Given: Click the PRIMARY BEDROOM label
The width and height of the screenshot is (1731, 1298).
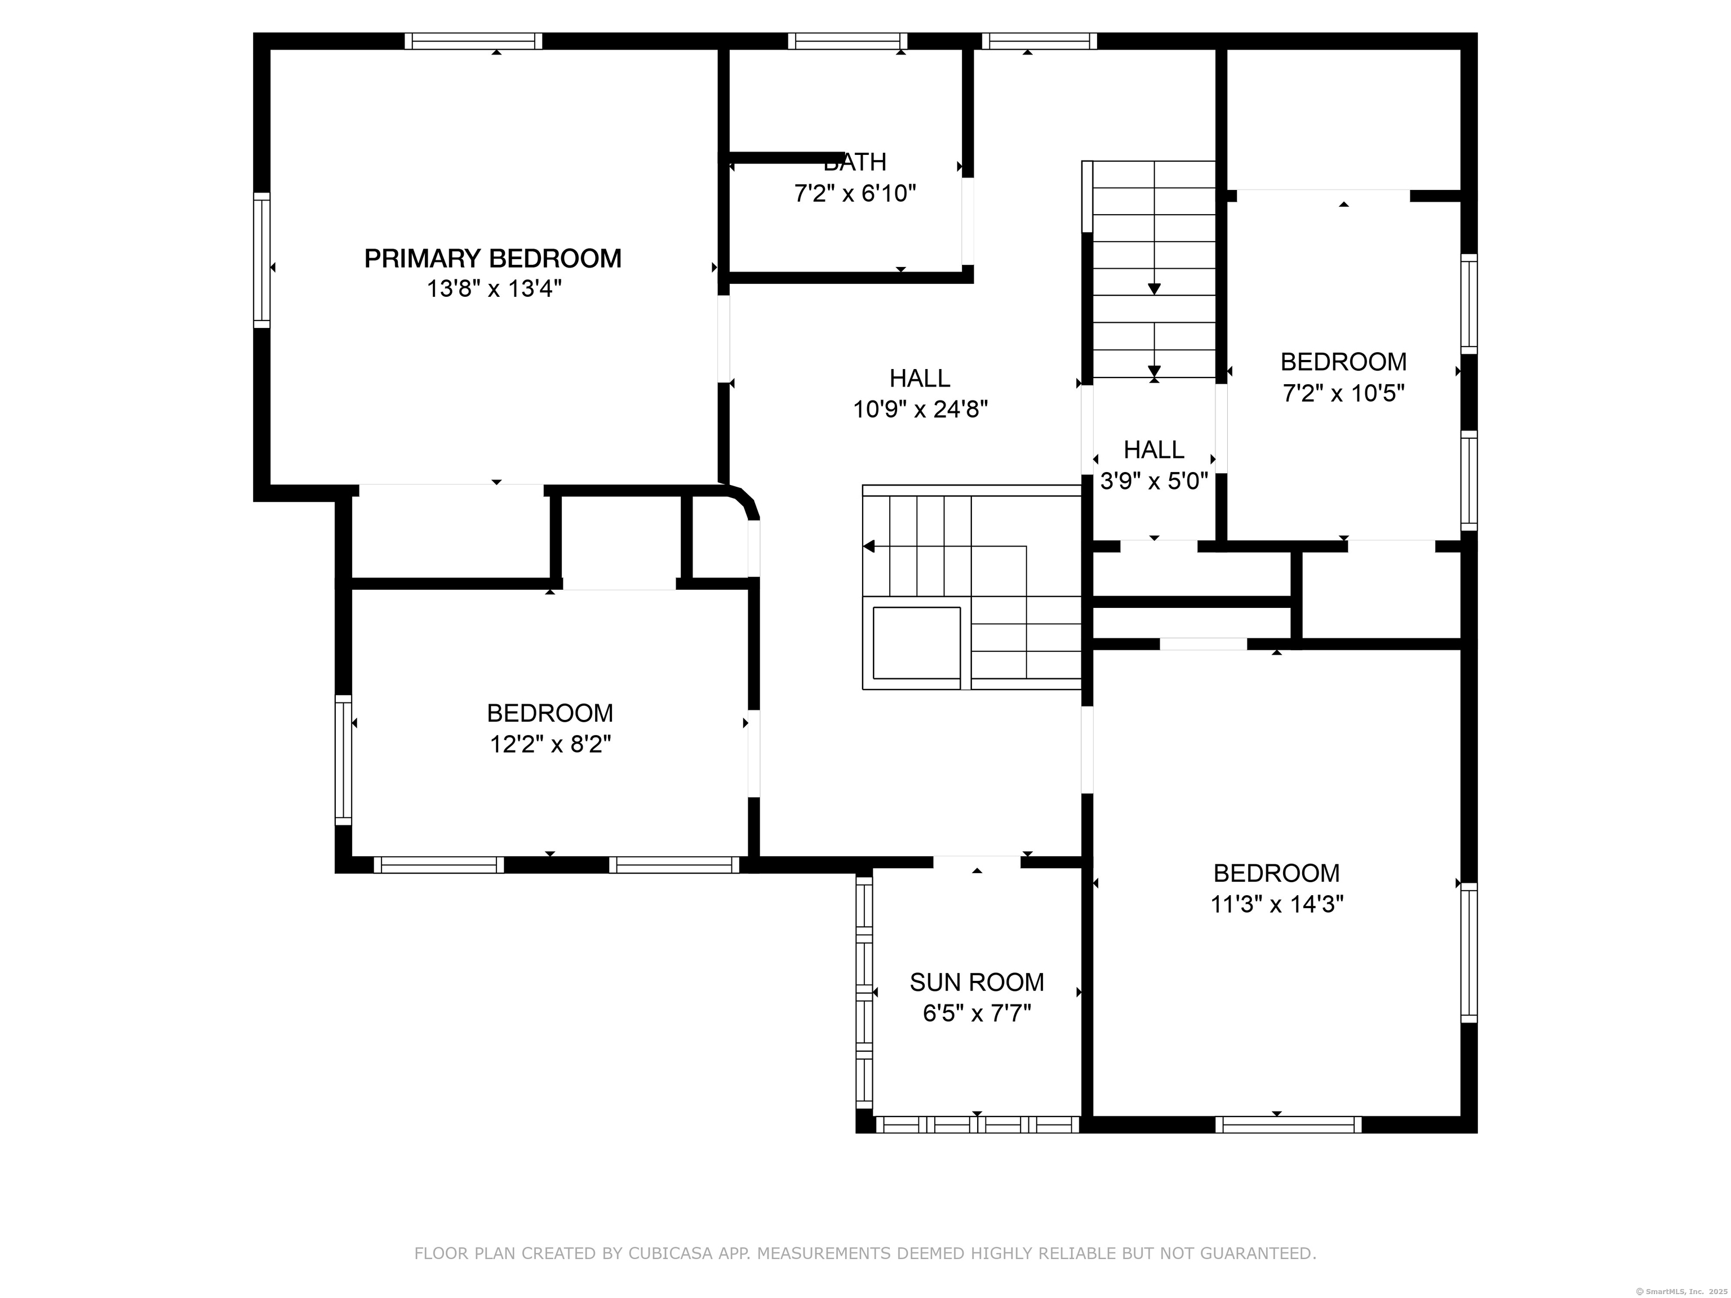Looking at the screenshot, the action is click(x=493, y=258).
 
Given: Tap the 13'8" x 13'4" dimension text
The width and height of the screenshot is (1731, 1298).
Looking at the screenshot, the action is click(x=494, y=290).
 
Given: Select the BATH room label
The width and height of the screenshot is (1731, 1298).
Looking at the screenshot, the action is click(x=855, y=162).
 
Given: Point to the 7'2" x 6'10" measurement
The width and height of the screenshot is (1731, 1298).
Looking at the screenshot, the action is click(x=855, y=193).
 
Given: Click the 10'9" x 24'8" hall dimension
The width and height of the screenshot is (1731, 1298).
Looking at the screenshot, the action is click(x=920, y=409).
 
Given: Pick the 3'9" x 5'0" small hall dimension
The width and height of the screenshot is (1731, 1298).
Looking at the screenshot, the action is click(x=1154, y=481).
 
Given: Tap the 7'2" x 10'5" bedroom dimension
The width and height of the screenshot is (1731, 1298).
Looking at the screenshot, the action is click(x=1344, y=393).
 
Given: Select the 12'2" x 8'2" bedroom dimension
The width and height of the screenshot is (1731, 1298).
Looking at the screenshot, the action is click(x=550, y=744).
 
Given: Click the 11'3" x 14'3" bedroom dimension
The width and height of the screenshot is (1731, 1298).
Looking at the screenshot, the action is click(x=1277, y=904).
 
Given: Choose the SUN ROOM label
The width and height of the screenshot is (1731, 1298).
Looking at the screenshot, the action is click(x=977, y=982).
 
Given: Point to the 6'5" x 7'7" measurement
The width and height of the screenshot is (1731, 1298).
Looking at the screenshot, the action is click(x=977, y=1013).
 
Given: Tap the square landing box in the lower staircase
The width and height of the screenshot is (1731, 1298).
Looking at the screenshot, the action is click(x=916, y=642).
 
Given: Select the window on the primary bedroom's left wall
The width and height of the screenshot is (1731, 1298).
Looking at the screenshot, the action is click(x=261, y=260).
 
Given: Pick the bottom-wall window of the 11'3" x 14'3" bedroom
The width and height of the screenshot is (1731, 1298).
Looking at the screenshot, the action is click(x=1288, y=1124).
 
